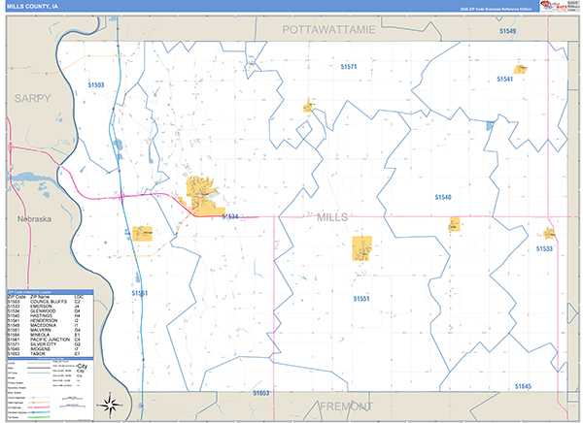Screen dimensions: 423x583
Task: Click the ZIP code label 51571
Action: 350,67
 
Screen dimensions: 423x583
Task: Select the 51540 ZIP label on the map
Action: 442,197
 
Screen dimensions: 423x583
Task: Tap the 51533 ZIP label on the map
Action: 543,249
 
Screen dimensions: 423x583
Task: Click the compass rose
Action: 113,402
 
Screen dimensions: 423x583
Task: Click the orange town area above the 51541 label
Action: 521,69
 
